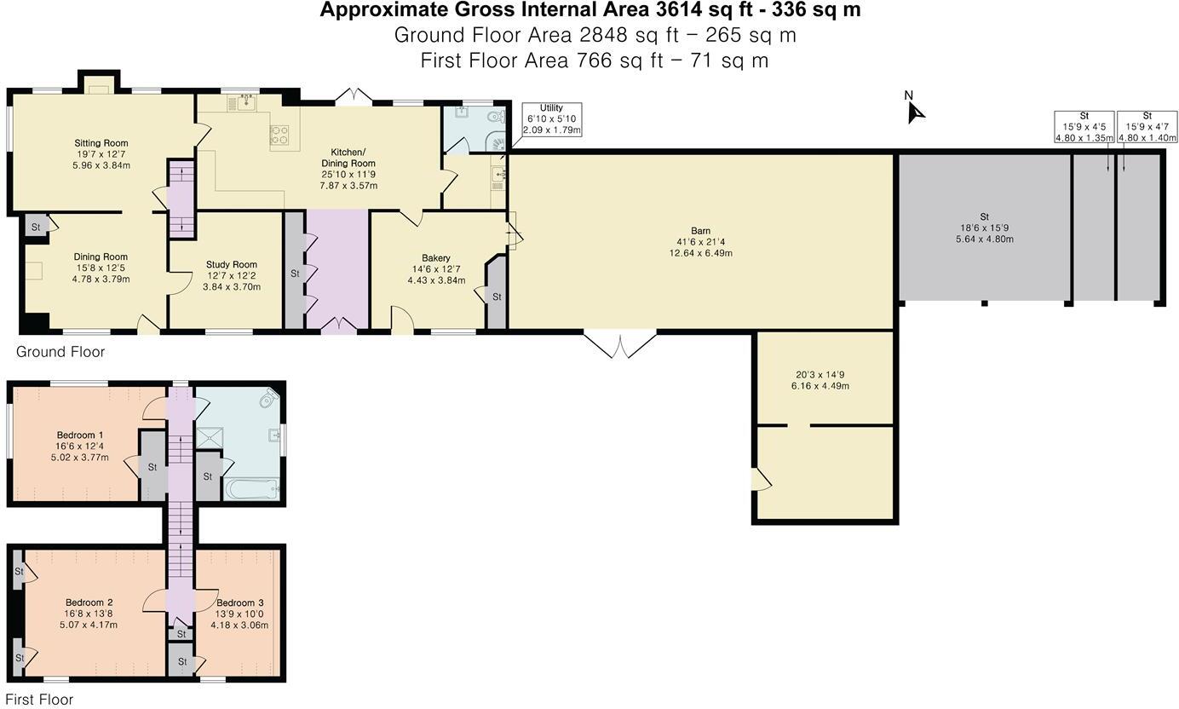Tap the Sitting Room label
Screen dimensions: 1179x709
click(x=101, y=142)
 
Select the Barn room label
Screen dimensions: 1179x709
click(x=700, y=231)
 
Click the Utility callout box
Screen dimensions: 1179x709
click(x=552, y=119)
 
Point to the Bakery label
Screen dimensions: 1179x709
click(x=436, y=258)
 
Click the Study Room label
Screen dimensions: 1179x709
click(x=232, y=264)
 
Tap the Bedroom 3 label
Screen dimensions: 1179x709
click(x=240, y=602)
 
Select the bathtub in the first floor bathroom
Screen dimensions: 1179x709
click(x=251, y=489)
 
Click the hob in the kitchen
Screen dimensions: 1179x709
click(x=279, y=135)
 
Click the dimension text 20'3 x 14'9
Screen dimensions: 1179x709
click(x=820, y=375)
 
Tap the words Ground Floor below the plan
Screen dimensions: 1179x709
click(x=60, y=352)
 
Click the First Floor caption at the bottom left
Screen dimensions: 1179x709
click(x=39, y=700)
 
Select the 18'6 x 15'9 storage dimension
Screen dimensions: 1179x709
click(x=985, y=228)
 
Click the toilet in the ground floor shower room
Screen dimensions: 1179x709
click(x=495, y=117)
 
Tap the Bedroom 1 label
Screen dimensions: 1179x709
click(x=80, y=435)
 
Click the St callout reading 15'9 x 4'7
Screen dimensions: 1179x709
click(x=1147, y=127)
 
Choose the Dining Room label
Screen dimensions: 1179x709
click(x=101, y=257)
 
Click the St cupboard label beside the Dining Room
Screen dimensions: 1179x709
click(x=36, y=228)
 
